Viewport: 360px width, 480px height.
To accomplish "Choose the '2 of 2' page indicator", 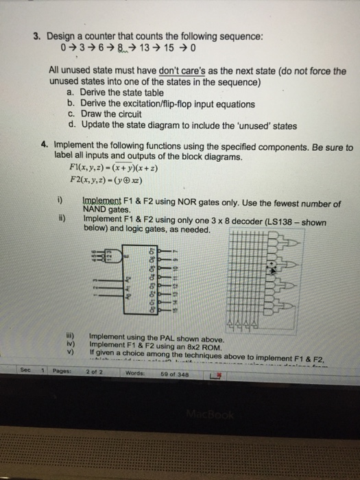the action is [95, 373].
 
